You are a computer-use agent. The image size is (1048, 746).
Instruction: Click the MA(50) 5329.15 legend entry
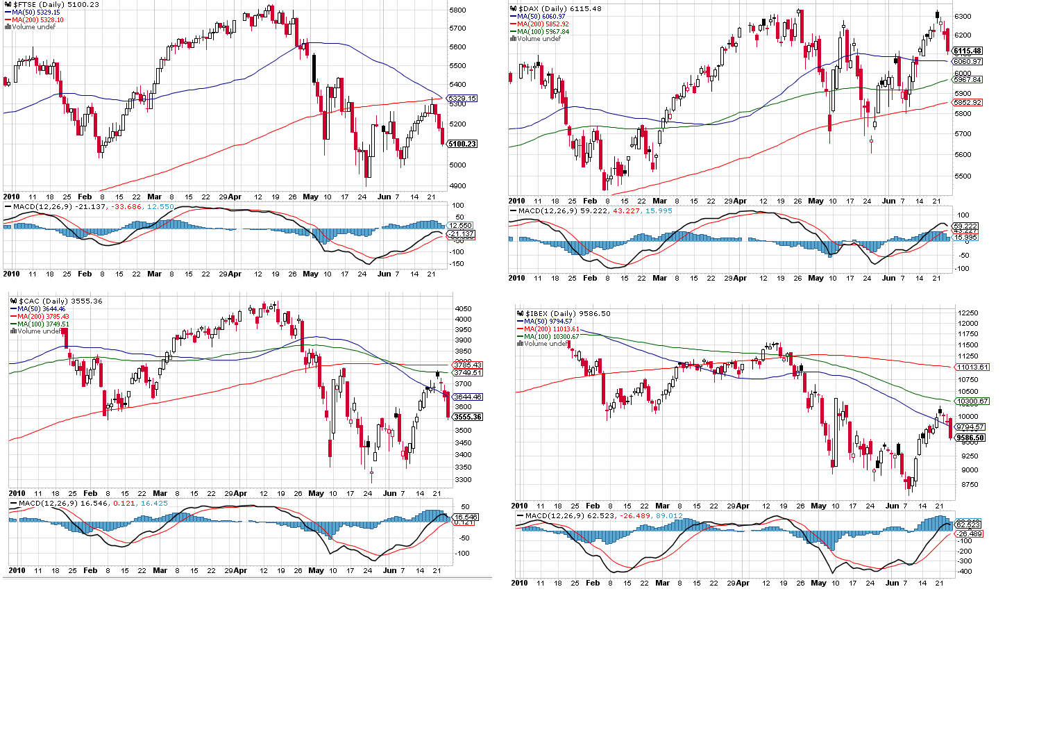point(36,13)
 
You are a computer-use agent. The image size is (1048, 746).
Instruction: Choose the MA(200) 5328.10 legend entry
point(38,20)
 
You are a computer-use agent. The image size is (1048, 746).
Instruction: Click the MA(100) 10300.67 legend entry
point(551,337)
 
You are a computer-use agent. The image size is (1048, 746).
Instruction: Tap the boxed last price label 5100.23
point(462,144)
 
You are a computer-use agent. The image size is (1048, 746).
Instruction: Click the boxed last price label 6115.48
point(967,51)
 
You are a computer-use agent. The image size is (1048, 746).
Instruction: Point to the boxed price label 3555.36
point(468,417)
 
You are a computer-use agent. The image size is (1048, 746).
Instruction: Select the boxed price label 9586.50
point(970,438)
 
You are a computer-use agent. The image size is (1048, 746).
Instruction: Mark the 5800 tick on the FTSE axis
point(457,10)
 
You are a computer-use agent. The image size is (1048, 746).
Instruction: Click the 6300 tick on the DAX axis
point(963,16)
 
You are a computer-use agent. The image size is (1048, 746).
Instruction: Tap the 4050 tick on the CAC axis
point(463,309)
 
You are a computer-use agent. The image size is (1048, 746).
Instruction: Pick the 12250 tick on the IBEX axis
point(968,313)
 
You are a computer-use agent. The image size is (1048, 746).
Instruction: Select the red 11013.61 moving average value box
point(972,367)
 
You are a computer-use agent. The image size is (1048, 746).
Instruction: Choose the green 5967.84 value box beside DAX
point(967,80)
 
